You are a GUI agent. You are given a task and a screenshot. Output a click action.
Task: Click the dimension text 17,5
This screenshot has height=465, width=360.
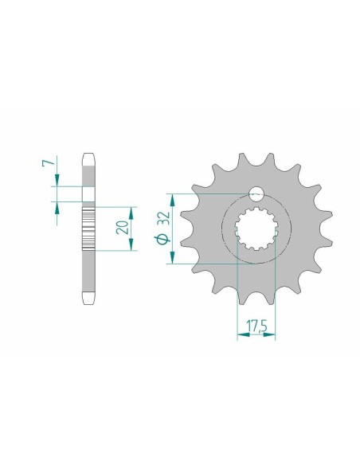point(256,325)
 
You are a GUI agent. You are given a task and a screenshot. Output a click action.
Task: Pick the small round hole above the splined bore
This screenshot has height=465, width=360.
point(255,193)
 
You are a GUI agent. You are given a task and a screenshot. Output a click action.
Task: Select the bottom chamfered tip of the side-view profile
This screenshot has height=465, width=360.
point(88,299)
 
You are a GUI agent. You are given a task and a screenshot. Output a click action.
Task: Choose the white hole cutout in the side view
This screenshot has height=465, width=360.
point(88,194)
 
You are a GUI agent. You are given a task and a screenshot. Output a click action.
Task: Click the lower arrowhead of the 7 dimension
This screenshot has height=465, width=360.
point(57,203)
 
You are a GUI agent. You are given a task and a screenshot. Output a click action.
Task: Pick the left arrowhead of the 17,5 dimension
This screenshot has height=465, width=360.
point(240,335)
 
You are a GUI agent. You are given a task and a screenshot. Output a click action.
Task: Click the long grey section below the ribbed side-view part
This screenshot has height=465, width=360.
point(88,271)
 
